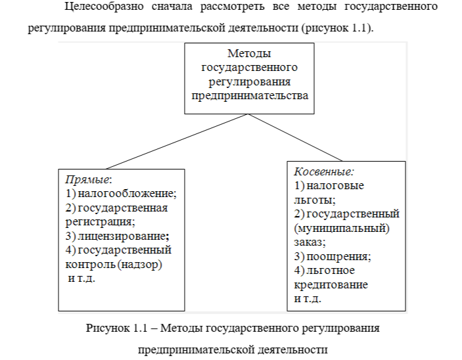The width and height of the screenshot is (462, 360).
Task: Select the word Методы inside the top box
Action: click(x=249, y=53)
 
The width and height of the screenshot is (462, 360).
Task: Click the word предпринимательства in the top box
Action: click(x=249, y=95)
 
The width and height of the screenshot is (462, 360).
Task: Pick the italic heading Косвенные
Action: click(x=323, y=171)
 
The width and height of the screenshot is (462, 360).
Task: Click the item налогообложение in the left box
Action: click(x=127, y=194)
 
